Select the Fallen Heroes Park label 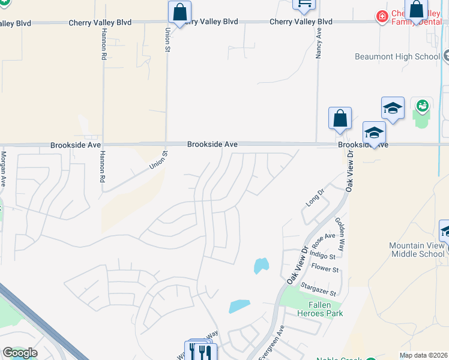(321, 309)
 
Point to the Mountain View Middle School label (417, 250)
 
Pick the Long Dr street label (315, 199)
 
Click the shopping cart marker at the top (304, 4)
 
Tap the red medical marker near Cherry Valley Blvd (381, 16)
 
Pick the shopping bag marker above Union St (179, 11)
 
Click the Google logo (19, 353)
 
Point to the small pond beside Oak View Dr (261, 265)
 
